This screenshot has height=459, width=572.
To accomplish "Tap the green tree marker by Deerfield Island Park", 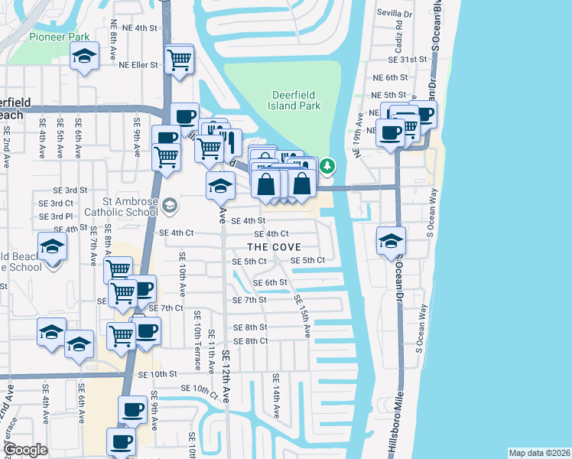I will point(327,165).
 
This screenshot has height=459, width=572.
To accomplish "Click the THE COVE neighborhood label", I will point(274,247).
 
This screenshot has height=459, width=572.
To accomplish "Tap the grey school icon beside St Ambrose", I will point(168,205).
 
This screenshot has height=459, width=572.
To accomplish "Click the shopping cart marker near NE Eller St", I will point(178,60).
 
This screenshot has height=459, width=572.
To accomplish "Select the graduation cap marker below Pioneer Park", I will point(85,56).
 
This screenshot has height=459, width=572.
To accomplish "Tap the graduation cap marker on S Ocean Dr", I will point(391,241).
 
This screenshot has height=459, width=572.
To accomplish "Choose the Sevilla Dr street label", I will point(397,13).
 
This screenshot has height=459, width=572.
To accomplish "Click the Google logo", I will point(25,450).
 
